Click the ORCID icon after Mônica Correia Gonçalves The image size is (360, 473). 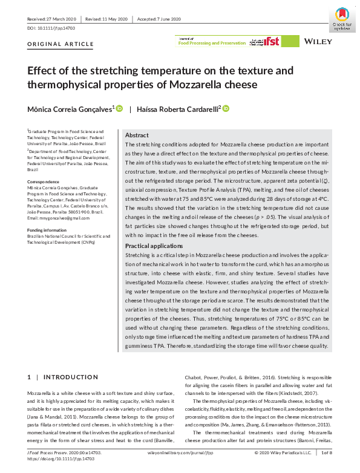(119, 108)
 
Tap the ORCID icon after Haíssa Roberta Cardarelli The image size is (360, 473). (226, 108)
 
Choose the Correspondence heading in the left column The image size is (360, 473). (43, 181)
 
